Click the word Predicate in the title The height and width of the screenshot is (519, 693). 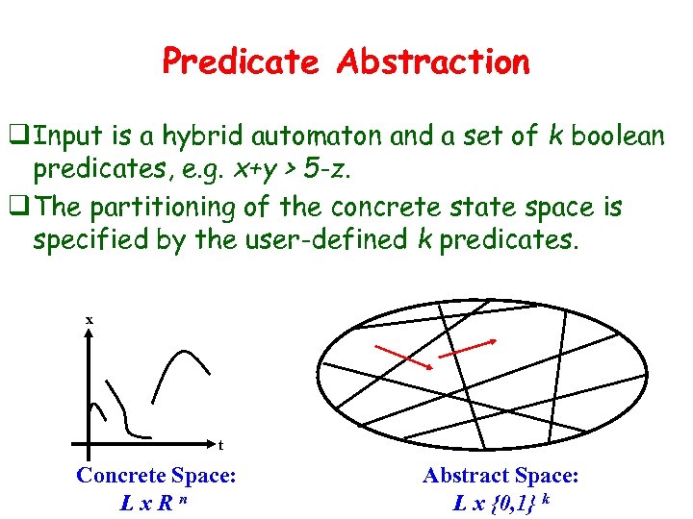(x=241, y=62)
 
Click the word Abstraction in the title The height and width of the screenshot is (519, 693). (x=433, y=62)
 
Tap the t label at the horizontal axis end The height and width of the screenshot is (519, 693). (x=220, y=445)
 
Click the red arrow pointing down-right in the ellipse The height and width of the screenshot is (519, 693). (x=402, y=356)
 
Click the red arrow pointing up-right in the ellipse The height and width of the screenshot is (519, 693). (x=467, y=349)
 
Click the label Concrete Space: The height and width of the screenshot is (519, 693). (x=156, y=475)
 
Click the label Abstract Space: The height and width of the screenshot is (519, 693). (x=500, y=475)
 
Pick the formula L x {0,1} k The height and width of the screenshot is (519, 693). (x=501, y=501)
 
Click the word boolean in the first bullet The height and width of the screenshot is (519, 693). (x=617, y=137)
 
